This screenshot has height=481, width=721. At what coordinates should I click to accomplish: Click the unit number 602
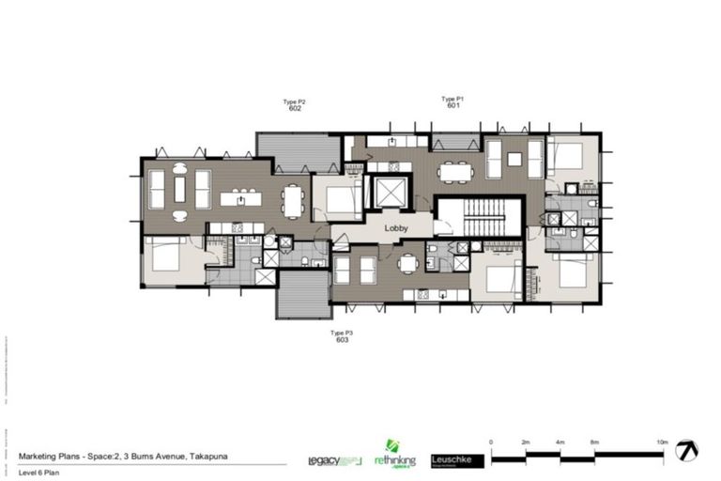[x=295, y=109]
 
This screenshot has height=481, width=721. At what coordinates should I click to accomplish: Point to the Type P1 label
[x=453, y=99]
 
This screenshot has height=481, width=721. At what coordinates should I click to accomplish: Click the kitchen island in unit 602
[x=241, y=198]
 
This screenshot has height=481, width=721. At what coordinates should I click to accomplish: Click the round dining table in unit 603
[x=407, y=264]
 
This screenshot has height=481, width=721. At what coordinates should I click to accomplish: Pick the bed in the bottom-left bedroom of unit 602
[x=167, y=256]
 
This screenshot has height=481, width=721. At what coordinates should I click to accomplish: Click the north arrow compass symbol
[x=691, y=450]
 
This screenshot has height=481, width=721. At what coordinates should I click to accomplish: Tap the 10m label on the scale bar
[x=662, y=441]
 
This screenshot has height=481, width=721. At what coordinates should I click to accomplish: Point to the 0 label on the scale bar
[x=491, y=441]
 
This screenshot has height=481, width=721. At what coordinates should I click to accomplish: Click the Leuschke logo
[x=458, y=460]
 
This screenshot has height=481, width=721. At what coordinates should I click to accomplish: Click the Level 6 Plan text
[x=38, y=472]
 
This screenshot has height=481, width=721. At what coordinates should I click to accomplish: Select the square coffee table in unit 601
[x=514, y=159]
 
